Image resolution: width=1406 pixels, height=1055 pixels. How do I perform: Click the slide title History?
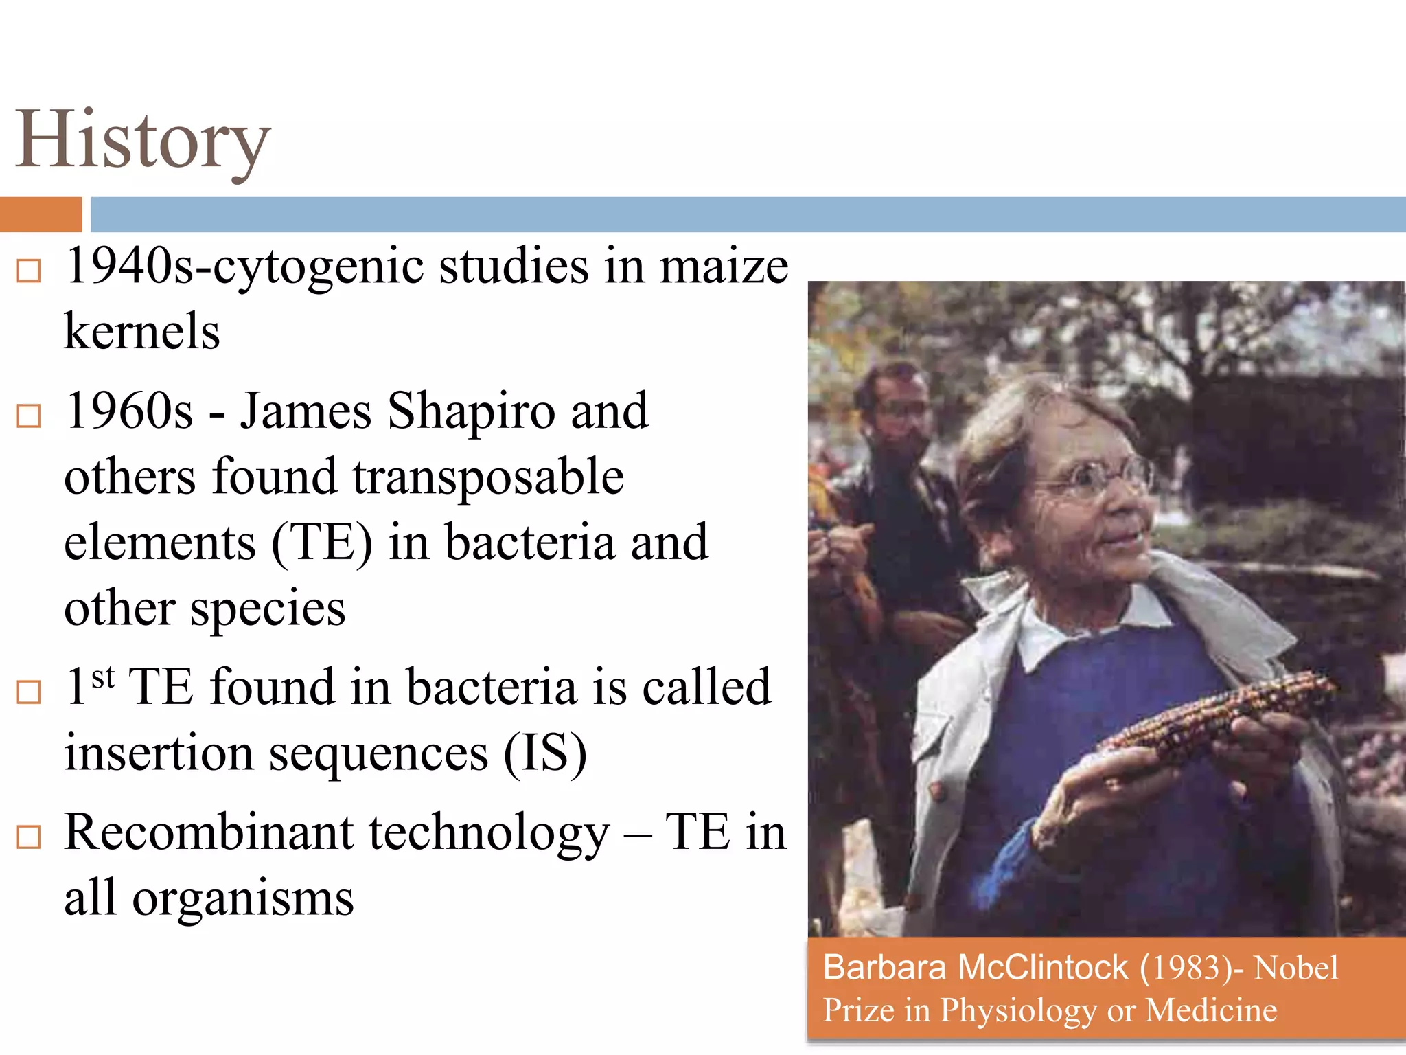143,141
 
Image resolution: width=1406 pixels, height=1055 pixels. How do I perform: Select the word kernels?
142,332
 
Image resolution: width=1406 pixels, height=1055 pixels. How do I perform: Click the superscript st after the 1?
103,677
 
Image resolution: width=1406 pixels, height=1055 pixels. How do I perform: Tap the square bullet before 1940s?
29,271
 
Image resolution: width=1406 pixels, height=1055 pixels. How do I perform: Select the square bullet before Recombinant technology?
29,837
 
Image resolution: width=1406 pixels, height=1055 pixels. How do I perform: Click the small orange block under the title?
41,214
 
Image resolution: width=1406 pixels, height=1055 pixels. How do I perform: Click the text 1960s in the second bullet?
128,411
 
